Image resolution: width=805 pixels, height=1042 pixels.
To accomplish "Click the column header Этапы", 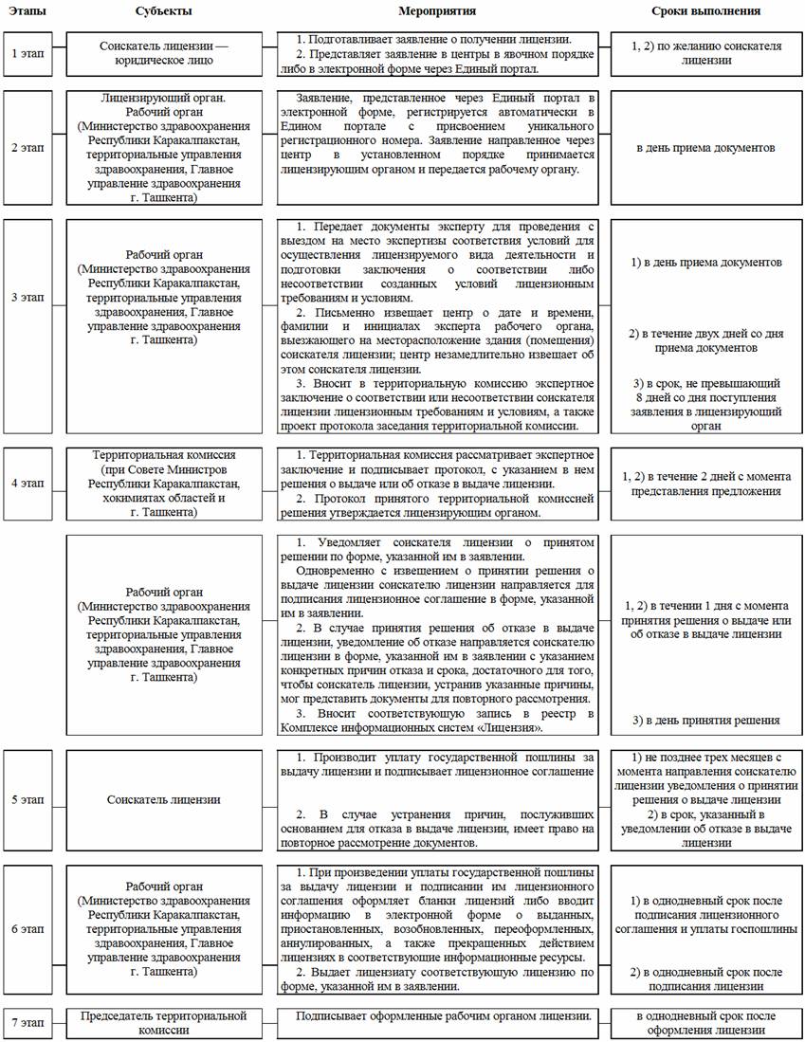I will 27,12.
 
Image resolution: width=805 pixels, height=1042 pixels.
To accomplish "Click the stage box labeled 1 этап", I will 27,53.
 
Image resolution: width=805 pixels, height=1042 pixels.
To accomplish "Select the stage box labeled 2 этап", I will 27,148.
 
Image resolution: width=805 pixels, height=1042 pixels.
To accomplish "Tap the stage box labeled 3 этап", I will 27,297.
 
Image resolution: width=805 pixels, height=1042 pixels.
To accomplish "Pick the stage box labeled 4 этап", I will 27,483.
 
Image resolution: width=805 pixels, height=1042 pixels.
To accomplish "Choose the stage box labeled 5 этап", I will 27,799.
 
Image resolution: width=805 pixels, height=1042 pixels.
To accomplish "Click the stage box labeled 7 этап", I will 27,1021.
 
